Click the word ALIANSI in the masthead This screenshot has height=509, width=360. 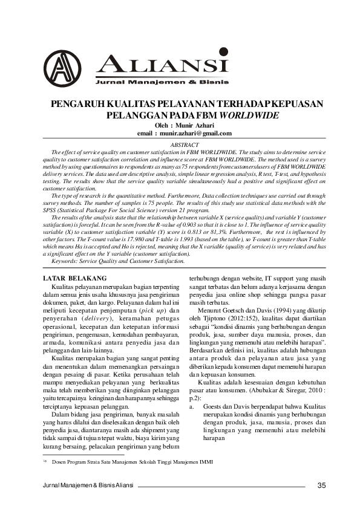162,63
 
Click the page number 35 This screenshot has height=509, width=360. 321,485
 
